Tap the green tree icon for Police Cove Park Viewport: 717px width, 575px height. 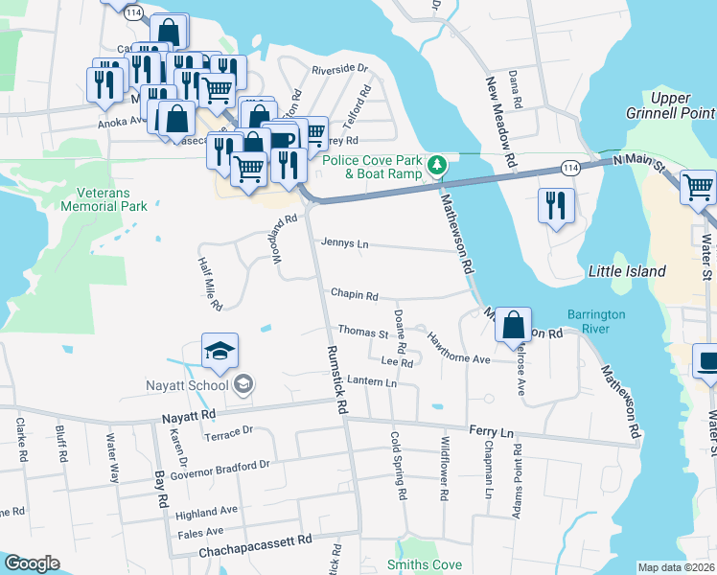[437, 166]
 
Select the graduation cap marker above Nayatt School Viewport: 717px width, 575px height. [220, 353]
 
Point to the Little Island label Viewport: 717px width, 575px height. [626, 271]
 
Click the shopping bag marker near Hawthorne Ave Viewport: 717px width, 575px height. [514, 326]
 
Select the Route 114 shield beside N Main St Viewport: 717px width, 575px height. [571, 168]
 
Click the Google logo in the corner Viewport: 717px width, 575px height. [31, 563]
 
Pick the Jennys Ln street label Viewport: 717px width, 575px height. [345, 242]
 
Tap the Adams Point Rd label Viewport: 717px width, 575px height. [519, 473]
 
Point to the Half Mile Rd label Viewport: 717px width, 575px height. [210, 284]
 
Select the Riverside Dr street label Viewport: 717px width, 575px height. [340, 69]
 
